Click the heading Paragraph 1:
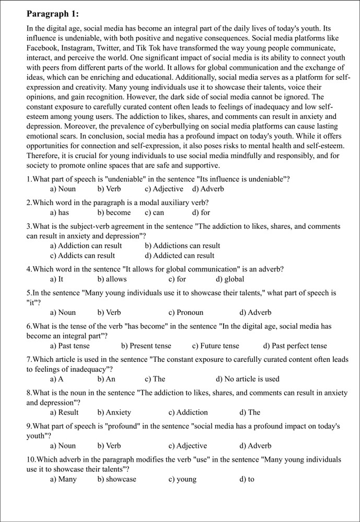coord(52,13)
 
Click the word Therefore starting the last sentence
coord(44,156)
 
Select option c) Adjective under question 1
coord(164,189)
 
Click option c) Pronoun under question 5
coord(186,313)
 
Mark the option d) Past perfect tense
coord(295,346)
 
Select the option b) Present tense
coord(146,346)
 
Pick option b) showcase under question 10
coord(117,479)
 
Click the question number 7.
coord(29,360)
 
